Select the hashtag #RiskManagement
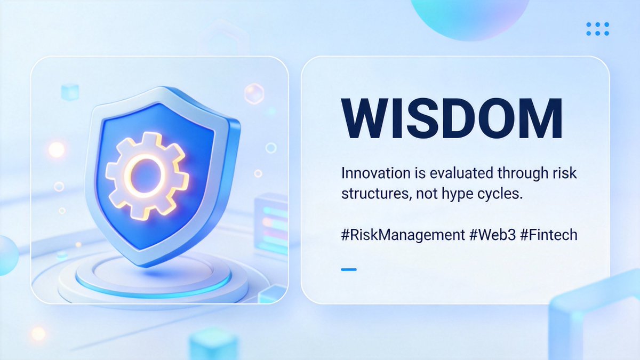(403, 235)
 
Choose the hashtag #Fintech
(549, 235)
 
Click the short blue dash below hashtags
(348, 269)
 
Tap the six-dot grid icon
(597, 29)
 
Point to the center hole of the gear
(145, 172)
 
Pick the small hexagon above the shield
(254, 94)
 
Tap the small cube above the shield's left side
(69, 92)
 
